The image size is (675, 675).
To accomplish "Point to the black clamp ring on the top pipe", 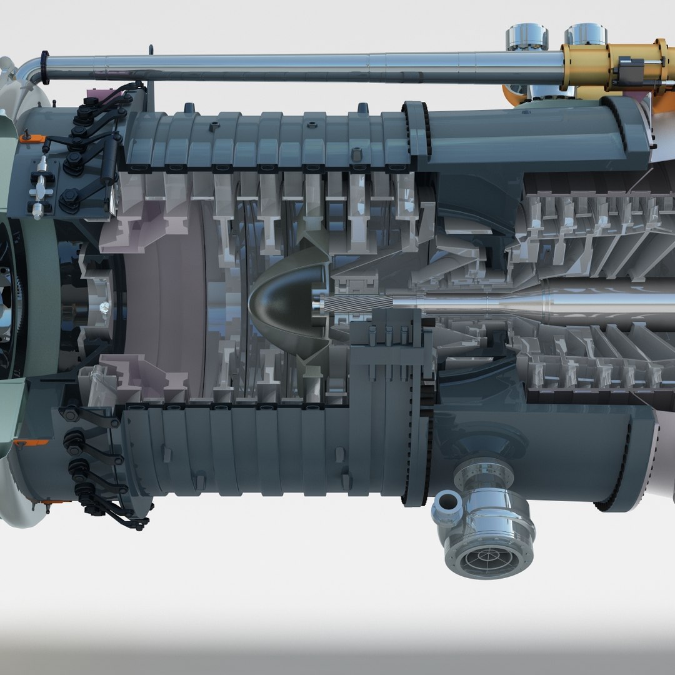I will [x=45, y=67].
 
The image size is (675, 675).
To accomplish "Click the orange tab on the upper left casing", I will [x=26, y=137].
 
